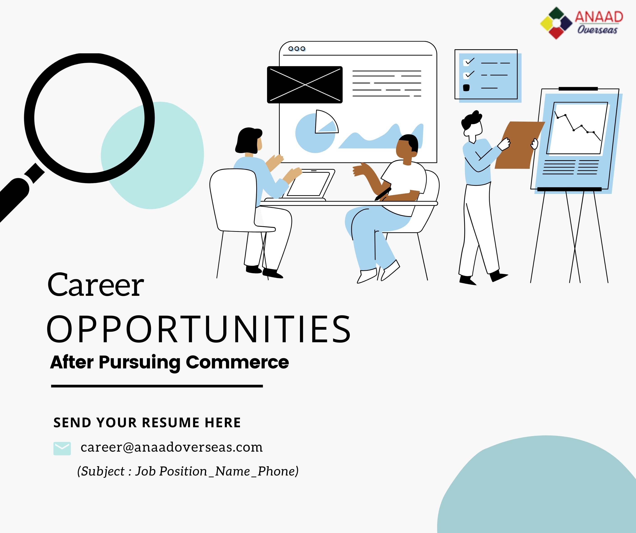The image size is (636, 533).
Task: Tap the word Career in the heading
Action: [95, 285]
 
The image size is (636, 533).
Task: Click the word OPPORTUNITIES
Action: [199, 329]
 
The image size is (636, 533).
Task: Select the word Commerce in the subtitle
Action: [237, 362]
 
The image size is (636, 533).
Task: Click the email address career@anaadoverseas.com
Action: [171, 447]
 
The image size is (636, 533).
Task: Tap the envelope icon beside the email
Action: [62, 448]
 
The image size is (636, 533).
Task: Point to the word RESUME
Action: [171, 423]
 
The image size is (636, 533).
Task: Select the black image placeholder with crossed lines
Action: [305, 85]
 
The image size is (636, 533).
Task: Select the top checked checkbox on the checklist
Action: [467, 62]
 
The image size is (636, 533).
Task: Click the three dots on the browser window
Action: [297, 49]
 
